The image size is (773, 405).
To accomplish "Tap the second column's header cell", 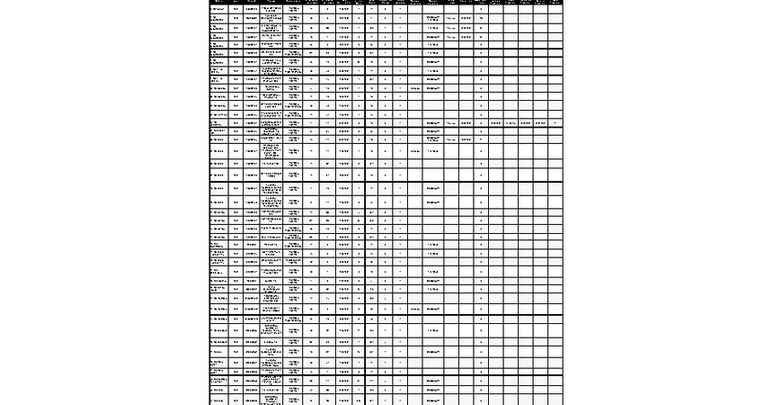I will (x=235, y=2).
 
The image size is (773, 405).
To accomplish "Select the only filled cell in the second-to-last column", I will (x=540, y=122).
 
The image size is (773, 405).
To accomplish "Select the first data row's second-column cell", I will (x=235, y=9).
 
